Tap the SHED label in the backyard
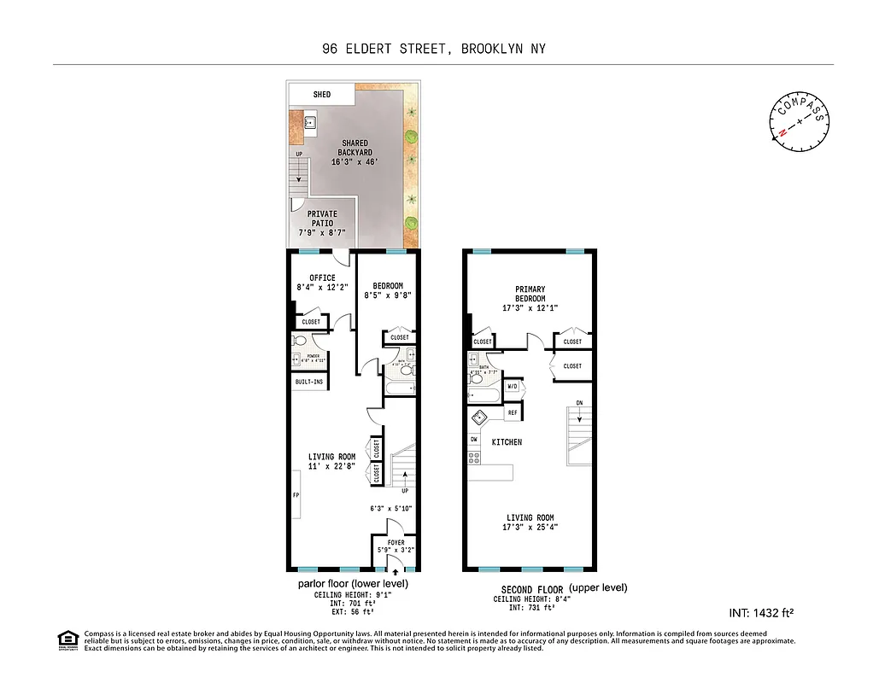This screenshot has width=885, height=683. coord(322,95)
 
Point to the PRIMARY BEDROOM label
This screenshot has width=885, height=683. coord(530,294)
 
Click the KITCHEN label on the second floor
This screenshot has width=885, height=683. coord(507,442)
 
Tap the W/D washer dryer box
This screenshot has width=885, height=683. coord(513,387)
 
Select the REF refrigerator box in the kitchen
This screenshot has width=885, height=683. coord(513,413)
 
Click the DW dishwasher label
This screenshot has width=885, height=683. coord(473,440)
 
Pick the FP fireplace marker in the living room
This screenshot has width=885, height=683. coord(296,494)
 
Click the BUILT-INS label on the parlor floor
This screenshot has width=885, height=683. coord(309,382)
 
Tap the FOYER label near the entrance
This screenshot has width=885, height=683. coord(396,542)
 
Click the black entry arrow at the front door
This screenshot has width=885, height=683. coord(396,564)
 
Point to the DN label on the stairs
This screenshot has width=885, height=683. coord(579,404)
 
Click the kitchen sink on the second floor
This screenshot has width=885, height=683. coord(479,419)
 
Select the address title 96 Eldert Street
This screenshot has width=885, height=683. coord(433,49)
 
